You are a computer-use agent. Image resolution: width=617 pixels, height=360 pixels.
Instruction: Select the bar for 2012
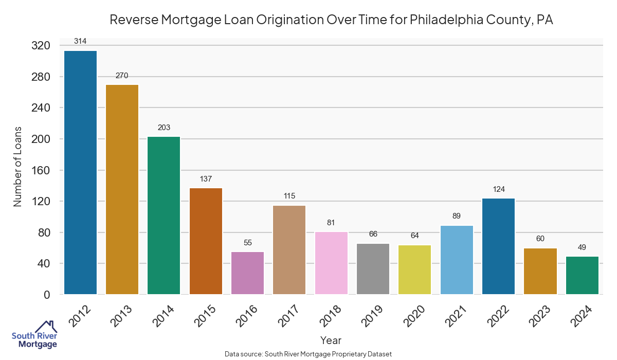pos(80,172)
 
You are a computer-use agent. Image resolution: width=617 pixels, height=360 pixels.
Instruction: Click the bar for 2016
pos(248,273)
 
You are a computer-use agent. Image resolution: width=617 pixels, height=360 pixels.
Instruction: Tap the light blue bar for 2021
pos(457,260)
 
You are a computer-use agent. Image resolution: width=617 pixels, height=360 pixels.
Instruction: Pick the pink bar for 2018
pos(332,263)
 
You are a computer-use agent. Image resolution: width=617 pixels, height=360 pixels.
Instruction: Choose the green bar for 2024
pos(583,275)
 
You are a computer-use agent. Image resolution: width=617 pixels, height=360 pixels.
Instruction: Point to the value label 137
pos(206,178)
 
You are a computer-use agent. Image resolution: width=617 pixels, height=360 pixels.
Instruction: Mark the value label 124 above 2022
pos(499,189)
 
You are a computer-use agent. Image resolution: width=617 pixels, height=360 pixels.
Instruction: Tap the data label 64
pos(415,236)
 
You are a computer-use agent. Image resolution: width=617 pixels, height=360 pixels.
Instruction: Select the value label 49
pos(583,247)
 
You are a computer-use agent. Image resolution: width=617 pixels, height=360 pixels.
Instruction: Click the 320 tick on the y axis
pos(41,46)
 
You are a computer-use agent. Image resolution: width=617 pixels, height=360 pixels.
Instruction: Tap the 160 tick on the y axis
pos(41,170)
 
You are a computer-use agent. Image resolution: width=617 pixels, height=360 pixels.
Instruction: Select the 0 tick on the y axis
pos(46,295)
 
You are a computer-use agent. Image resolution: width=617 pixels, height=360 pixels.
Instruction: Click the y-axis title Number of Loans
pos(18,166)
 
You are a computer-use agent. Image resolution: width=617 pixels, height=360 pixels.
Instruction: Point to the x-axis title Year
pos(331,340)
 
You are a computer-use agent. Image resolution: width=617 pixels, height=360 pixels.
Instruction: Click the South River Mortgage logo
pos(34,335)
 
